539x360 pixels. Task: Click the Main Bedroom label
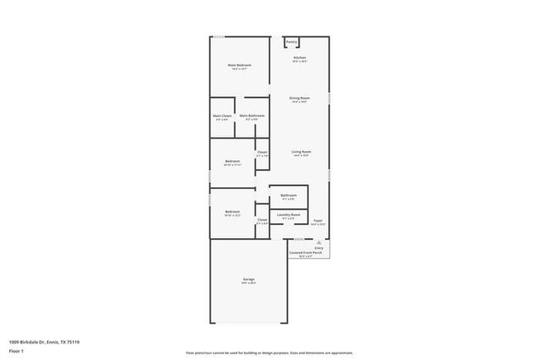[x=240, y=65]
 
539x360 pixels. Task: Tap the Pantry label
[x=292, y=41]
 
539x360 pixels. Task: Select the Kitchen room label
[x=299, y=57]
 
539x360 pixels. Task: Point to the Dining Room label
[x=299, y=98]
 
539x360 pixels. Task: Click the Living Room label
[x=301, y=152]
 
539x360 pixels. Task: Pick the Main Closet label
[x=222, y=115]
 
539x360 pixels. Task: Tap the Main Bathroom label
[x=252, y=115]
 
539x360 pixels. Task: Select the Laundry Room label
[x=289, y=215]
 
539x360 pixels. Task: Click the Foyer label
[x=318, y=221]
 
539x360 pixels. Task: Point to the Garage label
[x=248, y=279]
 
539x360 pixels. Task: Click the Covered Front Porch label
[x=300, y=252]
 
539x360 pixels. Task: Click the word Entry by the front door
[x=319, y=247]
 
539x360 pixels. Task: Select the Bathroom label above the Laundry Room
[x=289, y=195]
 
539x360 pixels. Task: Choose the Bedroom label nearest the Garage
[x=232, y=212]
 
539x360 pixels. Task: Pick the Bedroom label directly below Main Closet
[x=232, y=161]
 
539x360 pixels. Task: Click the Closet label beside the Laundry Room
[x=262, y=219]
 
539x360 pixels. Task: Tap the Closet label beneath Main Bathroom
[x=262, y=152]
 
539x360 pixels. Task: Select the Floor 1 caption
[x=17, y=351]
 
